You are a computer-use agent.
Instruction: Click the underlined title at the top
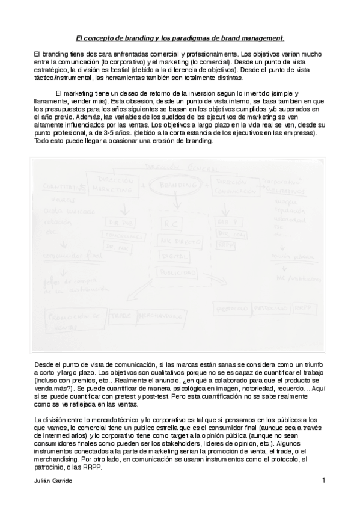(180, 38)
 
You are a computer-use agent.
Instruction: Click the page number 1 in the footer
(323, 480)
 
